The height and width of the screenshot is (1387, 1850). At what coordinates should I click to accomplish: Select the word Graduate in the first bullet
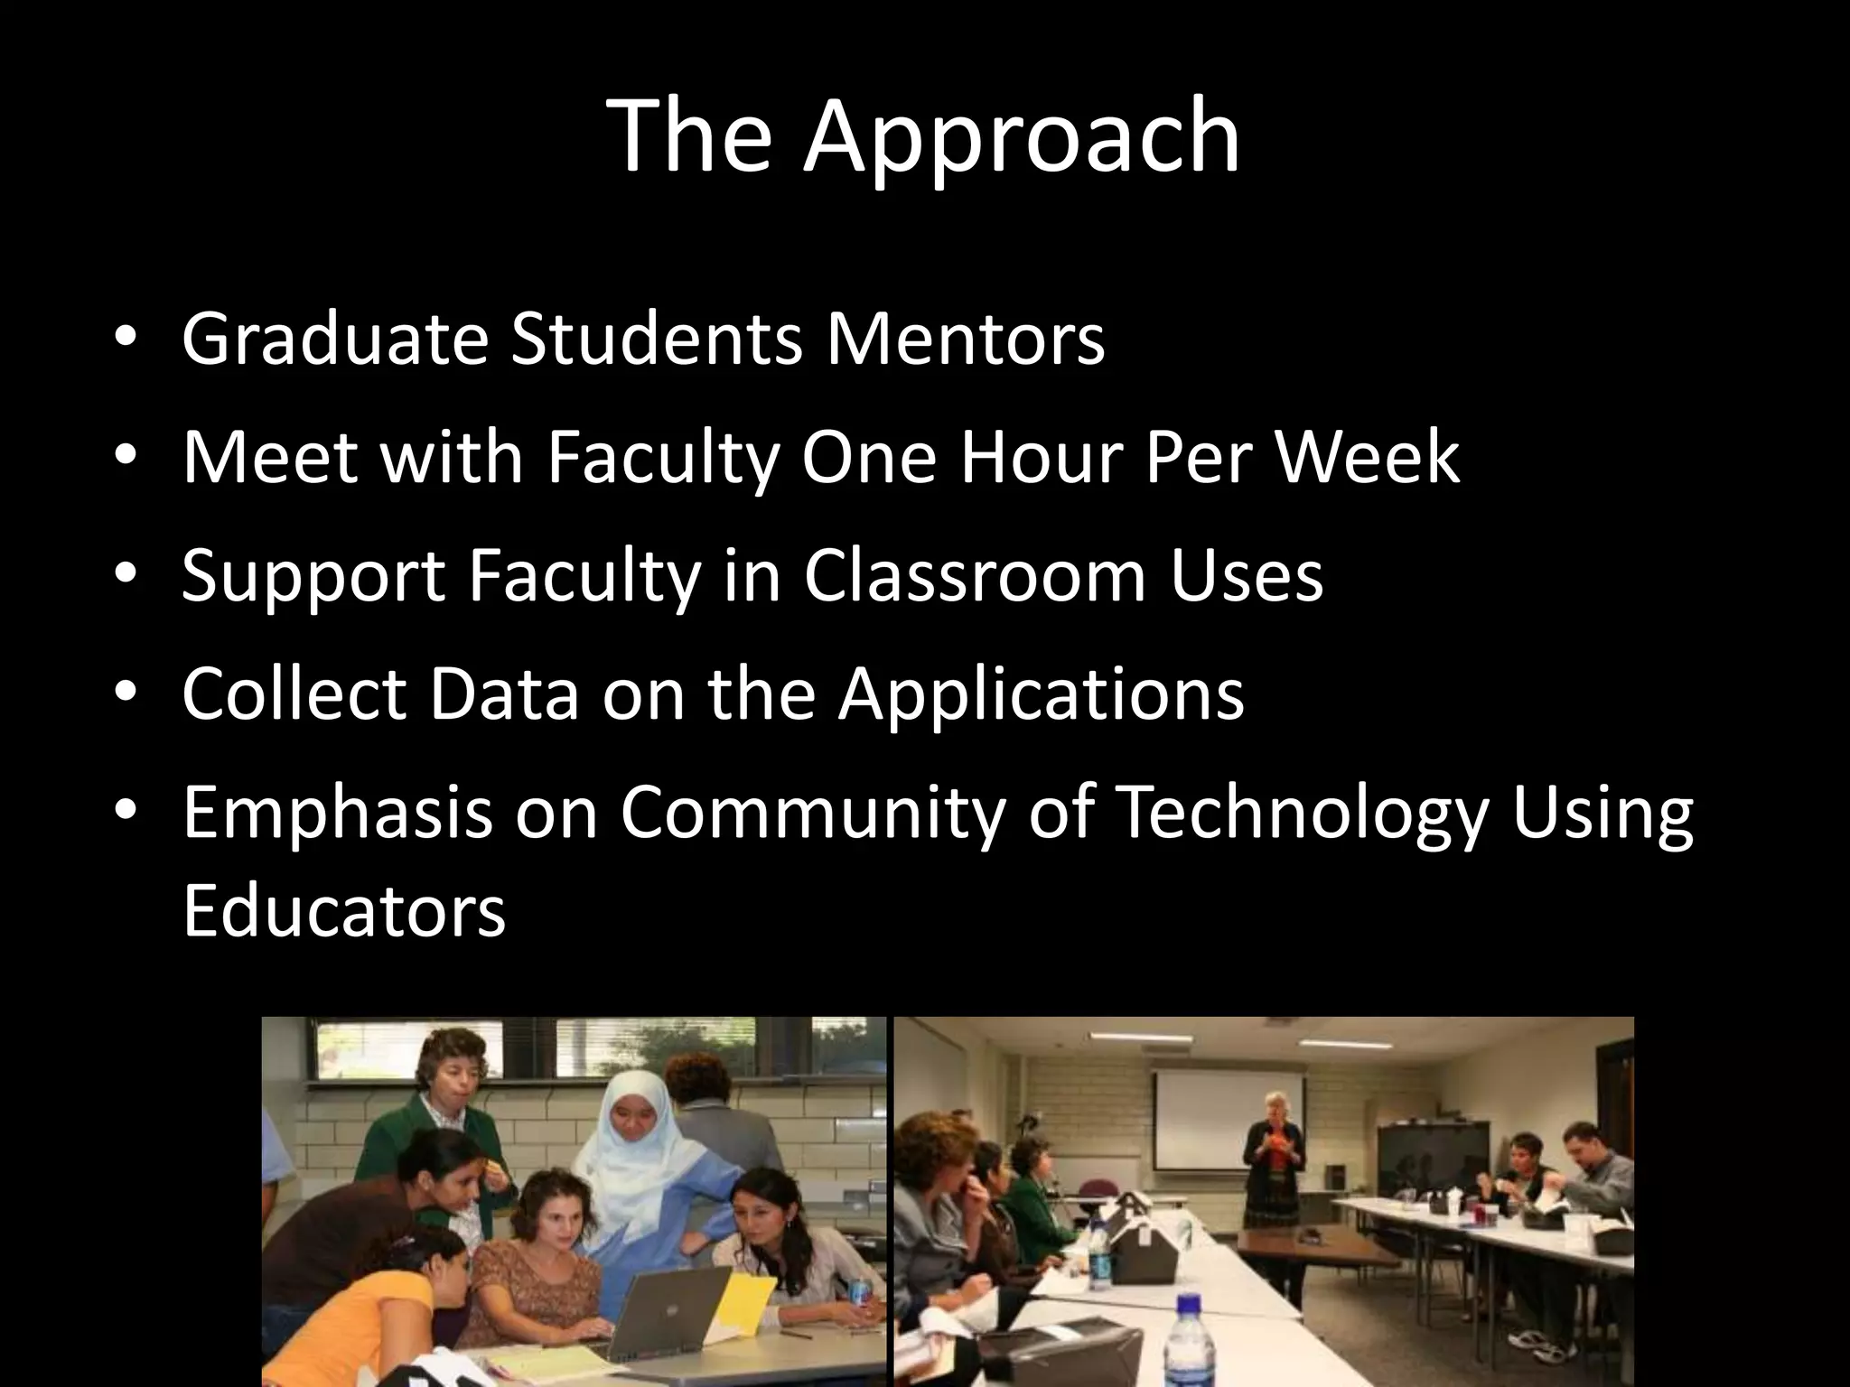[x=334, y=339]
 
